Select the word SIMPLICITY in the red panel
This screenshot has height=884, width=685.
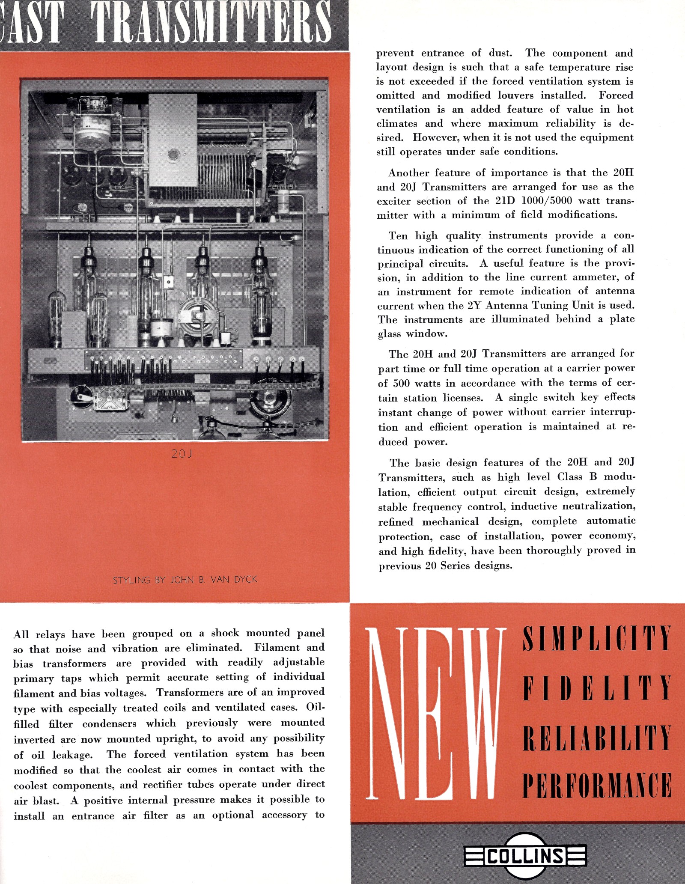[596, 638]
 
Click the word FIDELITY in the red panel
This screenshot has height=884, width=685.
[596, 687]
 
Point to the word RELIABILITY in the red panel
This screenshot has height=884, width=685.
[596, 737]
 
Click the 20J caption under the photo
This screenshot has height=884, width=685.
[182, 454]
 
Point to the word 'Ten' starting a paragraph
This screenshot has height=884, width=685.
[399, 236]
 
